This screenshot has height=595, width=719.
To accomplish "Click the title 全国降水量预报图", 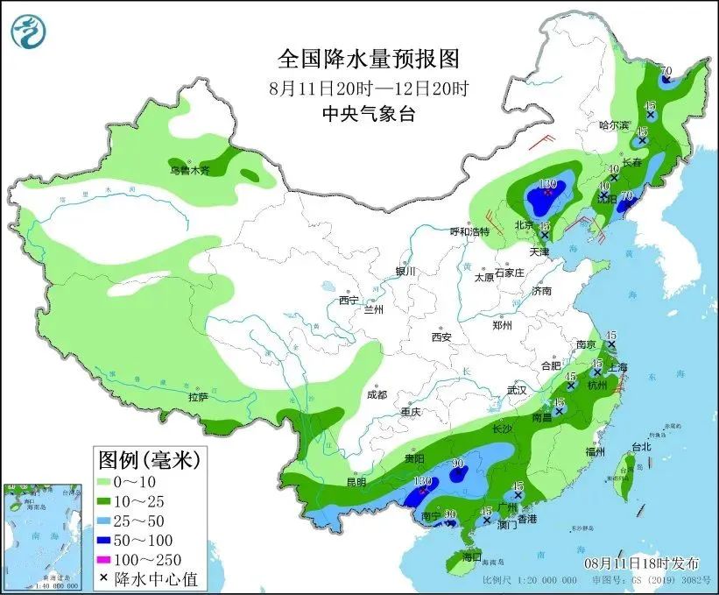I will point(368,60).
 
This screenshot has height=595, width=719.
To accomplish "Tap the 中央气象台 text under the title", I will point(368,113).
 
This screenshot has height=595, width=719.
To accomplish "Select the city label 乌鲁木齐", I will point(190,170).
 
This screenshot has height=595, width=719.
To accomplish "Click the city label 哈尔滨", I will point(614,126).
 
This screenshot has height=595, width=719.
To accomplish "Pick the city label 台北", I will point(640,446).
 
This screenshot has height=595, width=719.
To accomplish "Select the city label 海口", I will point(472,557).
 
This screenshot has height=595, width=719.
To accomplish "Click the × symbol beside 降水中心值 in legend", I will point(106,577).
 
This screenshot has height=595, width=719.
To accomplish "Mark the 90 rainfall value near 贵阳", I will point(457,464).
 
